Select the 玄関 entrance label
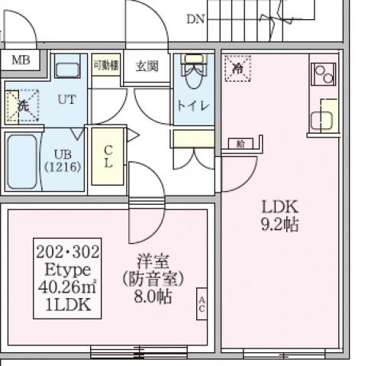point(147,66)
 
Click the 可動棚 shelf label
point(106,66)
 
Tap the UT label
point(66,99)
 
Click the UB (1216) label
point(62,160)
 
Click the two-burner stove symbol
point(324,75)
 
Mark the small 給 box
point(240,144)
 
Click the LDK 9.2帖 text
point(279,215)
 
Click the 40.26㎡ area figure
point(68,287)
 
